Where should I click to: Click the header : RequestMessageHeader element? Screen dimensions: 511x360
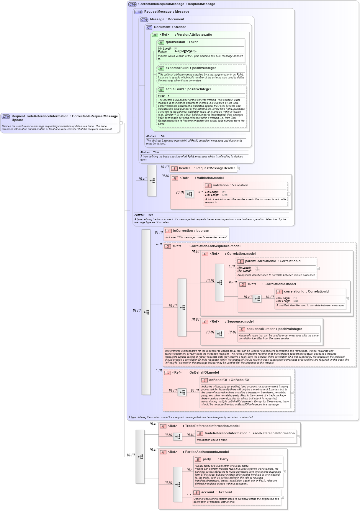pos(207,168)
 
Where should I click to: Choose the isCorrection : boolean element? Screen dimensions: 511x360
pos(191,231)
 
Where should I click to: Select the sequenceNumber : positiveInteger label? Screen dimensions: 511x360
pos(274,329)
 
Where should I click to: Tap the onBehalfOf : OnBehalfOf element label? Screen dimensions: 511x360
pos(229,380)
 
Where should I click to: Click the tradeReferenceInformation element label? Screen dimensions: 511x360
pos(249,433)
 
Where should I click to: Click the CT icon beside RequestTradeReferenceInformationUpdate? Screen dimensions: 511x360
pos(6,117)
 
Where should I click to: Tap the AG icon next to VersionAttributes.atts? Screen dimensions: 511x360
pos(155,35)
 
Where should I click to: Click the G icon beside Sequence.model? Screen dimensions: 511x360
pos(205,322)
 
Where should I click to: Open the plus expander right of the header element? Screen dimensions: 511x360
pos(238,169)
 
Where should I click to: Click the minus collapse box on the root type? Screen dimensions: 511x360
pos(121,123)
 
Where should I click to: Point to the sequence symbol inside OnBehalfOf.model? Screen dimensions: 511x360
pos(182,392)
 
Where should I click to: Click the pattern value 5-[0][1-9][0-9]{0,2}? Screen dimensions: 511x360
pos(185,52)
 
